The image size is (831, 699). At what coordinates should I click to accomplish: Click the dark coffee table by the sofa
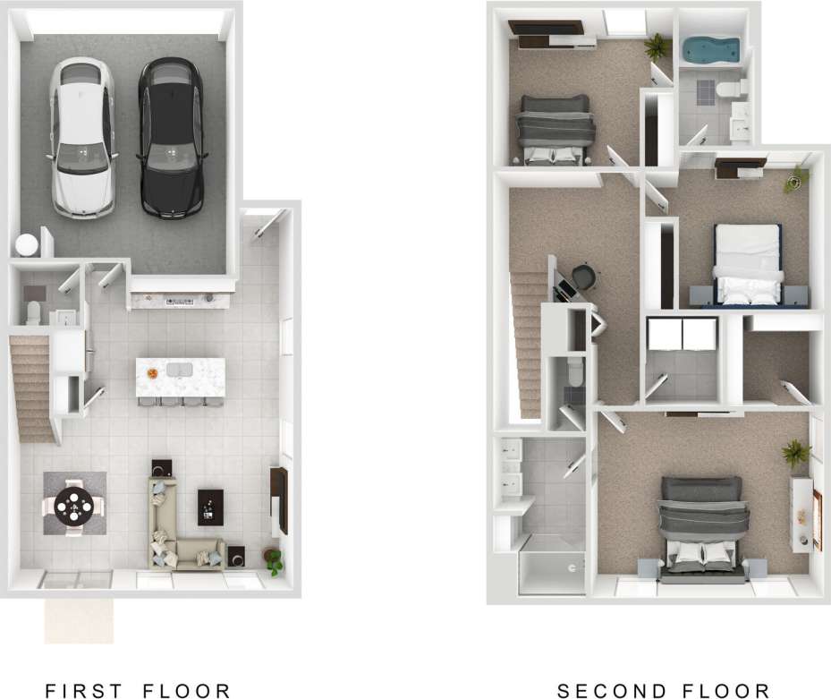[x=211, y=507]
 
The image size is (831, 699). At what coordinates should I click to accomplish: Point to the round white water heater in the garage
[x=27, y=243]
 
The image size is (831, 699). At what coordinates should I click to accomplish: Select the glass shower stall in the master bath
[x=549, y=563]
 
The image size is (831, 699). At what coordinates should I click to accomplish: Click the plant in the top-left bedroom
[x=657, y=45]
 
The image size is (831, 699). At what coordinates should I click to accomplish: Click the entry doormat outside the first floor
[x=80, y=620]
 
